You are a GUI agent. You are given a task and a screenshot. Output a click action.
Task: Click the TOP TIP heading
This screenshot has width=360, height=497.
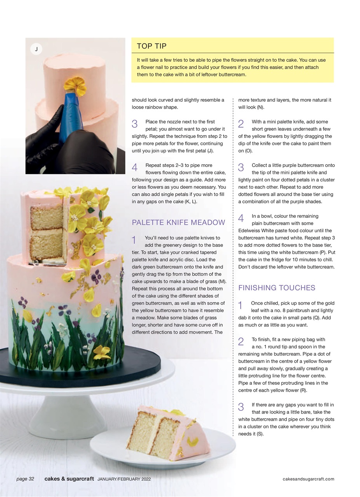click(x=151, y=46)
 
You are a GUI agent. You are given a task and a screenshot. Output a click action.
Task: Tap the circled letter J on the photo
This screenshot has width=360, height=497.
click(x=36, y=49)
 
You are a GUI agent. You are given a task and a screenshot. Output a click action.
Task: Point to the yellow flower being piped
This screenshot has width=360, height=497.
click(x=75, y=85)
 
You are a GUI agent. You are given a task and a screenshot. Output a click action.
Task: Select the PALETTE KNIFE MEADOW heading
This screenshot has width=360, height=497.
click(x=178, y=222)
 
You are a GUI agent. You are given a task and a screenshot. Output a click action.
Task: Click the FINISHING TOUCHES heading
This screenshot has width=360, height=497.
click(x=277, y=288)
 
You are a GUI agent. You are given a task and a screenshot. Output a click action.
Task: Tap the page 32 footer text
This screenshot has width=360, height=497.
click(x=25, y=479)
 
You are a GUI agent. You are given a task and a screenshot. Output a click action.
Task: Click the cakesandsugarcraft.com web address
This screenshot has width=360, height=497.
click(x=308, y=479)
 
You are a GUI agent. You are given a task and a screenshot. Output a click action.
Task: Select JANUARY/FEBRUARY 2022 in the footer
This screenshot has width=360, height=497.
click(x=124, y=479)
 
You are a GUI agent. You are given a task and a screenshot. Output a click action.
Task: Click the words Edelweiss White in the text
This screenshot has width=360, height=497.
click(x=256, y=231)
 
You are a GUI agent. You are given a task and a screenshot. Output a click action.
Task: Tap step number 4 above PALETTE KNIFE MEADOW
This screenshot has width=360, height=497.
click(x=135, y=167)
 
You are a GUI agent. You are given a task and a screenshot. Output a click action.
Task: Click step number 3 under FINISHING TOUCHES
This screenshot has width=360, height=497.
click(x=241, y=407)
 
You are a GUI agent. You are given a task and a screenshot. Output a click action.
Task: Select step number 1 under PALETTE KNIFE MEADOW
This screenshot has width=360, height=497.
click(x=134, y=240)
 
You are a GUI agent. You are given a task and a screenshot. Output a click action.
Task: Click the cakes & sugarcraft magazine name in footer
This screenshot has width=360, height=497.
click(x=69, y=479)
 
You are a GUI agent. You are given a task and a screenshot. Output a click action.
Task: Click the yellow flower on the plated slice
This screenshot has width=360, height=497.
click(x=192, y=441)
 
